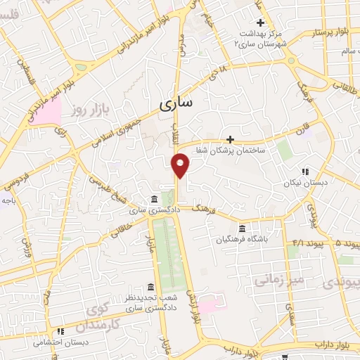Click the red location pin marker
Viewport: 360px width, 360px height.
pos(181,165)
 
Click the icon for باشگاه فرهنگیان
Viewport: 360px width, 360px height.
pos(242,229)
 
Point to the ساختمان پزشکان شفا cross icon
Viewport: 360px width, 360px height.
pos(230,139)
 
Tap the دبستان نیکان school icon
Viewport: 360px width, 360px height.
pos(304,172)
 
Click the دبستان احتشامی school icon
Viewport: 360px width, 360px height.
pos(61,330)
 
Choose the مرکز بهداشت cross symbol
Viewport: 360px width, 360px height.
pos(259,22)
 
